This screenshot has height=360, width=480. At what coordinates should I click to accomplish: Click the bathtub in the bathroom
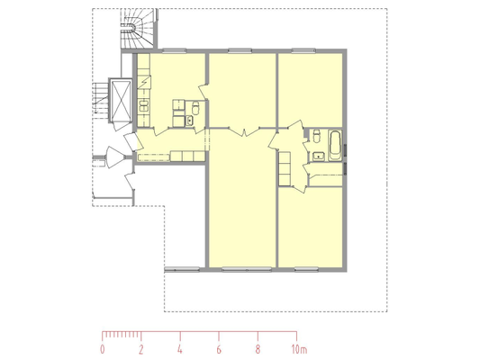pos(335,145)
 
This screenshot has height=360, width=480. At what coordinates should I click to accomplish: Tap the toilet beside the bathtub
pos(316,136)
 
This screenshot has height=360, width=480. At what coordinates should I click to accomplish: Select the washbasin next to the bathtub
pos(319,157)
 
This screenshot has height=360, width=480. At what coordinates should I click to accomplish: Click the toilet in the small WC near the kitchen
pos(195,108)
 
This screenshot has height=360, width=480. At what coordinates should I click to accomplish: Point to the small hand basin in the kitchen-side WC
pos(190,121)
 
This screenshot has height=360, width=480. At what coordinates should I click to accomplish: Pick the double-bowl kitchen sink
pos(143,106)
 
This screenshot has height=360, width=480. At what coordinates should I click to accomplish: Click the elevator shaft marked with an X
pos(121,100)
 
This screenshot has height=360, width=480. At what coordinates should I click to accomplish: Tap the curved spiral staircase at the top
pos(138,29)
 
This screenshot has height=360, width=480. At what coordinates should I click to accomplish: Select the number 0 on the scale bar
pos(103,349)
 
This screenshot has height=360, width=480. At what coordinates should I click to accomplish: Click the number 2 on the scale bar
pos(140,349)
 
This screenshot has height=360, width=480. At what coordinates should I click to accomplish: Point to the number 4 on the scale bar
pos(180,349)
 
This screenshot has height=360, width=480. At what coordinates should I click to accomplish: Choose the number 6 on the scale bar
pos(219,349)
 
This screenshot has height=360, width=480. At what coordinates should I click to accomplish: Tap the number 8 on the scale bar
pos(258,349)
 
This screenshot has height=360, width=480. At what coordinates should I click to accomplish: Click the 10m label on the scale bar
pos(299,349)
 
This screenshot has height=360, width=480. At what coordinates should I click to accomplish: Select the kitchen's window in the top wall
pos(174,50)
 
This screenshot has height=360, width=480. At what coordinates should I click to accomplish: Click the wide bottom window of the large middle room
pos(247,269)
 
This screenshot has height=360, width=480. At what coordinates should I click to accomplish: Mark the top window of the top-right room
pos(303,50)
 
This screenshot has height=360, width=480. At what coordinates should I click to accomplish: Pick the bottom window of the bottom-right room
pos(306,269)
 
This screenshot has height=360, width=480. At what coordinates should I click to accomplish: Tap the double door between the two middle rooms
pos(244,131)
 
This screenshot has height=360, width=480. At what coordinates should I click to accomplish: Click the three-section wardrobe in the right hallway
pos(285,169)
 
